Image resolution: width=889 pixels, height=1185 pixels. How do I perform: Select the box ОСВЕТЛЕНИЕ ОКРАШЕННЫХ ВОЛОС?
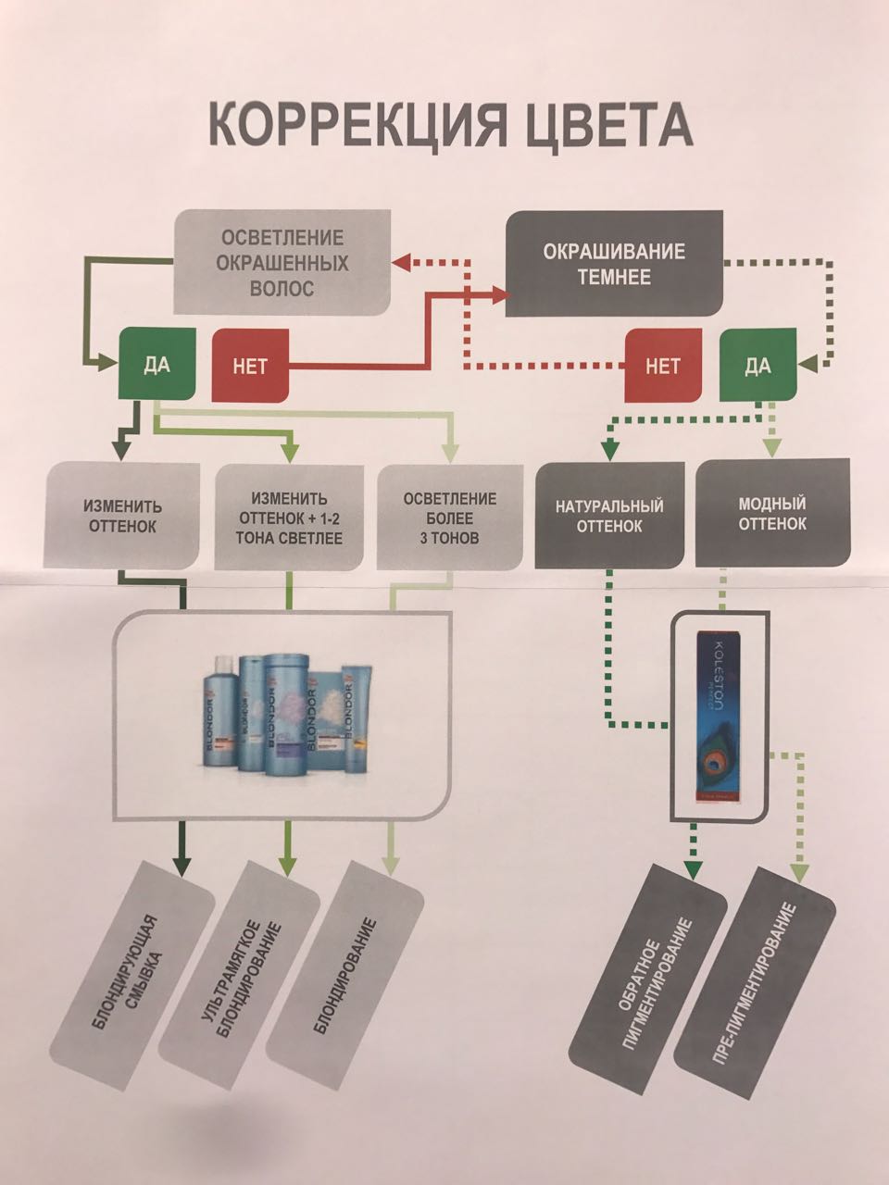[282, 263]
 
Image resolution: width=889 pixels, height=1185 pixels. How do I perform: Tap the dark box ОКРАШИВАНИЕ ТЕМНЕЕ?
[614, 264]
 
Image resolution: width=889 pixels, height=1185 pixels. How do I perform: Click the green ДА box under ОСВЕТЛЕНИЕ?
[157, 363]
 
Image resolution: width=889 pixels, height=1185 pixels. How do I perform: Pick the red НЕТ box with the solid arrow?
[251, 366]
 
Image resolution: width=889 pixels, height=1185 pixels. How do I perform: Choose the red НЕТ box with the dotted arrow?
[663, 366]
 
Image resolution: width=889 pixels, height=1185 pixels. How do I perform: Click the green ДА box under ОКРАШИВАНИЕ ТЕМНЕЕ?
[758, 366]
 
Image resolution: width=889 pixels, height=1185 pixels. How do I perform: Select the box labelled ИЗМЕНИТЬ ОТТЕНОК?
[123, 517]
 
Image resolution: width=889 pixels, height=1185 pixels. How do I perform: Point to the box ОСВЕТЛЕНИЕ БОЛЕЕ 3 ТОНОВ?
[449, 518]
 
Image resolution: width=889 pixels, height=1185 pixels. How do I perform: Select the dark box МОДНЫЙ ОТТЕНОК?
[772, 513]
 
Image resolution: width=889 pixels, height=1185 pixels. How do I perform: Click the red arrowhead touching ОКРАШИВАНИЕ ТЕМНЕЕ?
[505, 294]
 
